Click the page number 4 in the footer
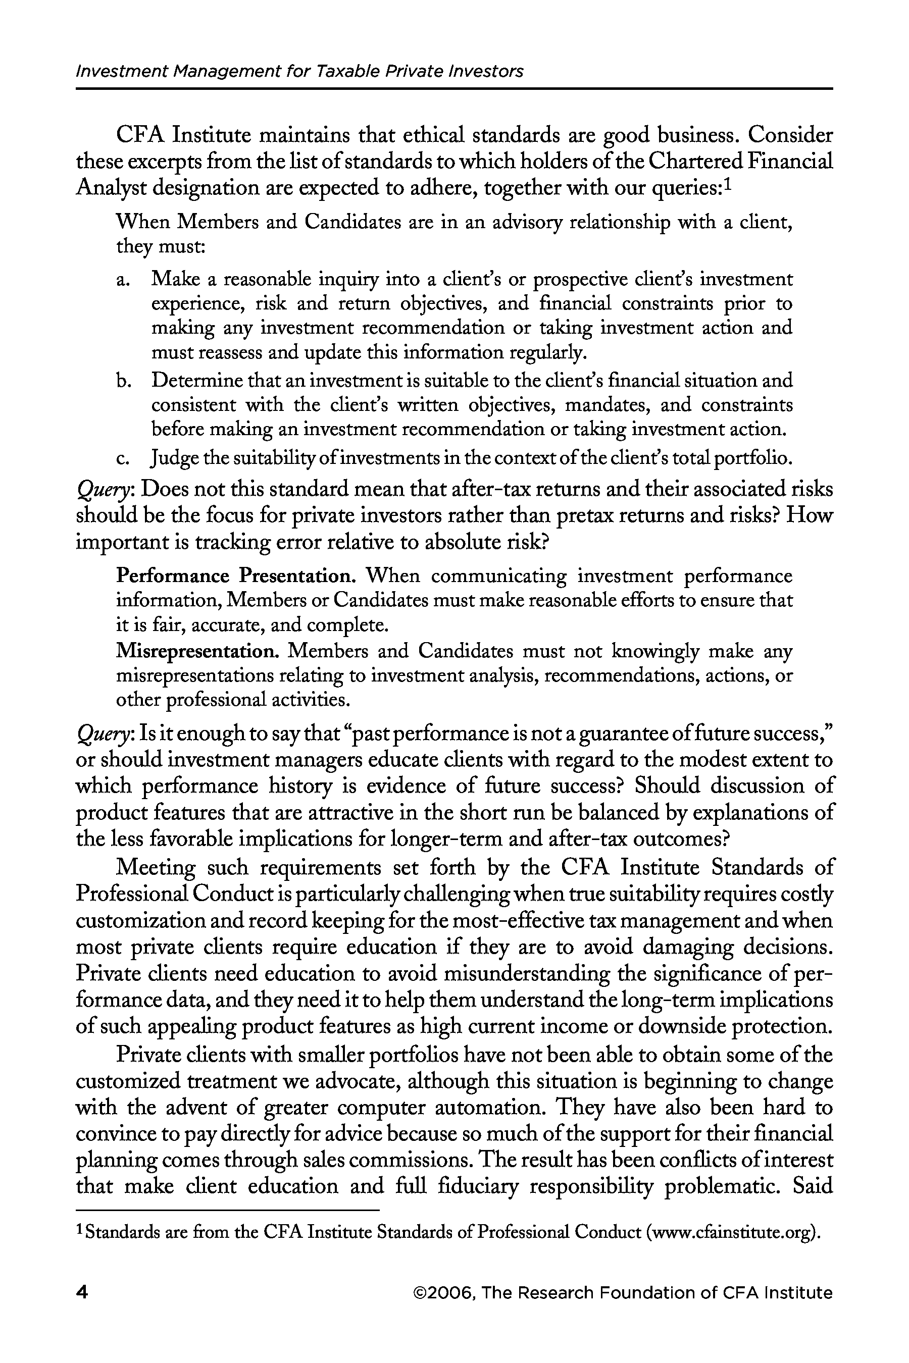click(x=82, y=1293)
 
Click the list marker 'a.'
click(x=122, y=280)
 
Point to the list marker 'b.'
click(x=122, y=381)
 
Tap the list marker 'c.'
click(x=122, y=459)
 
